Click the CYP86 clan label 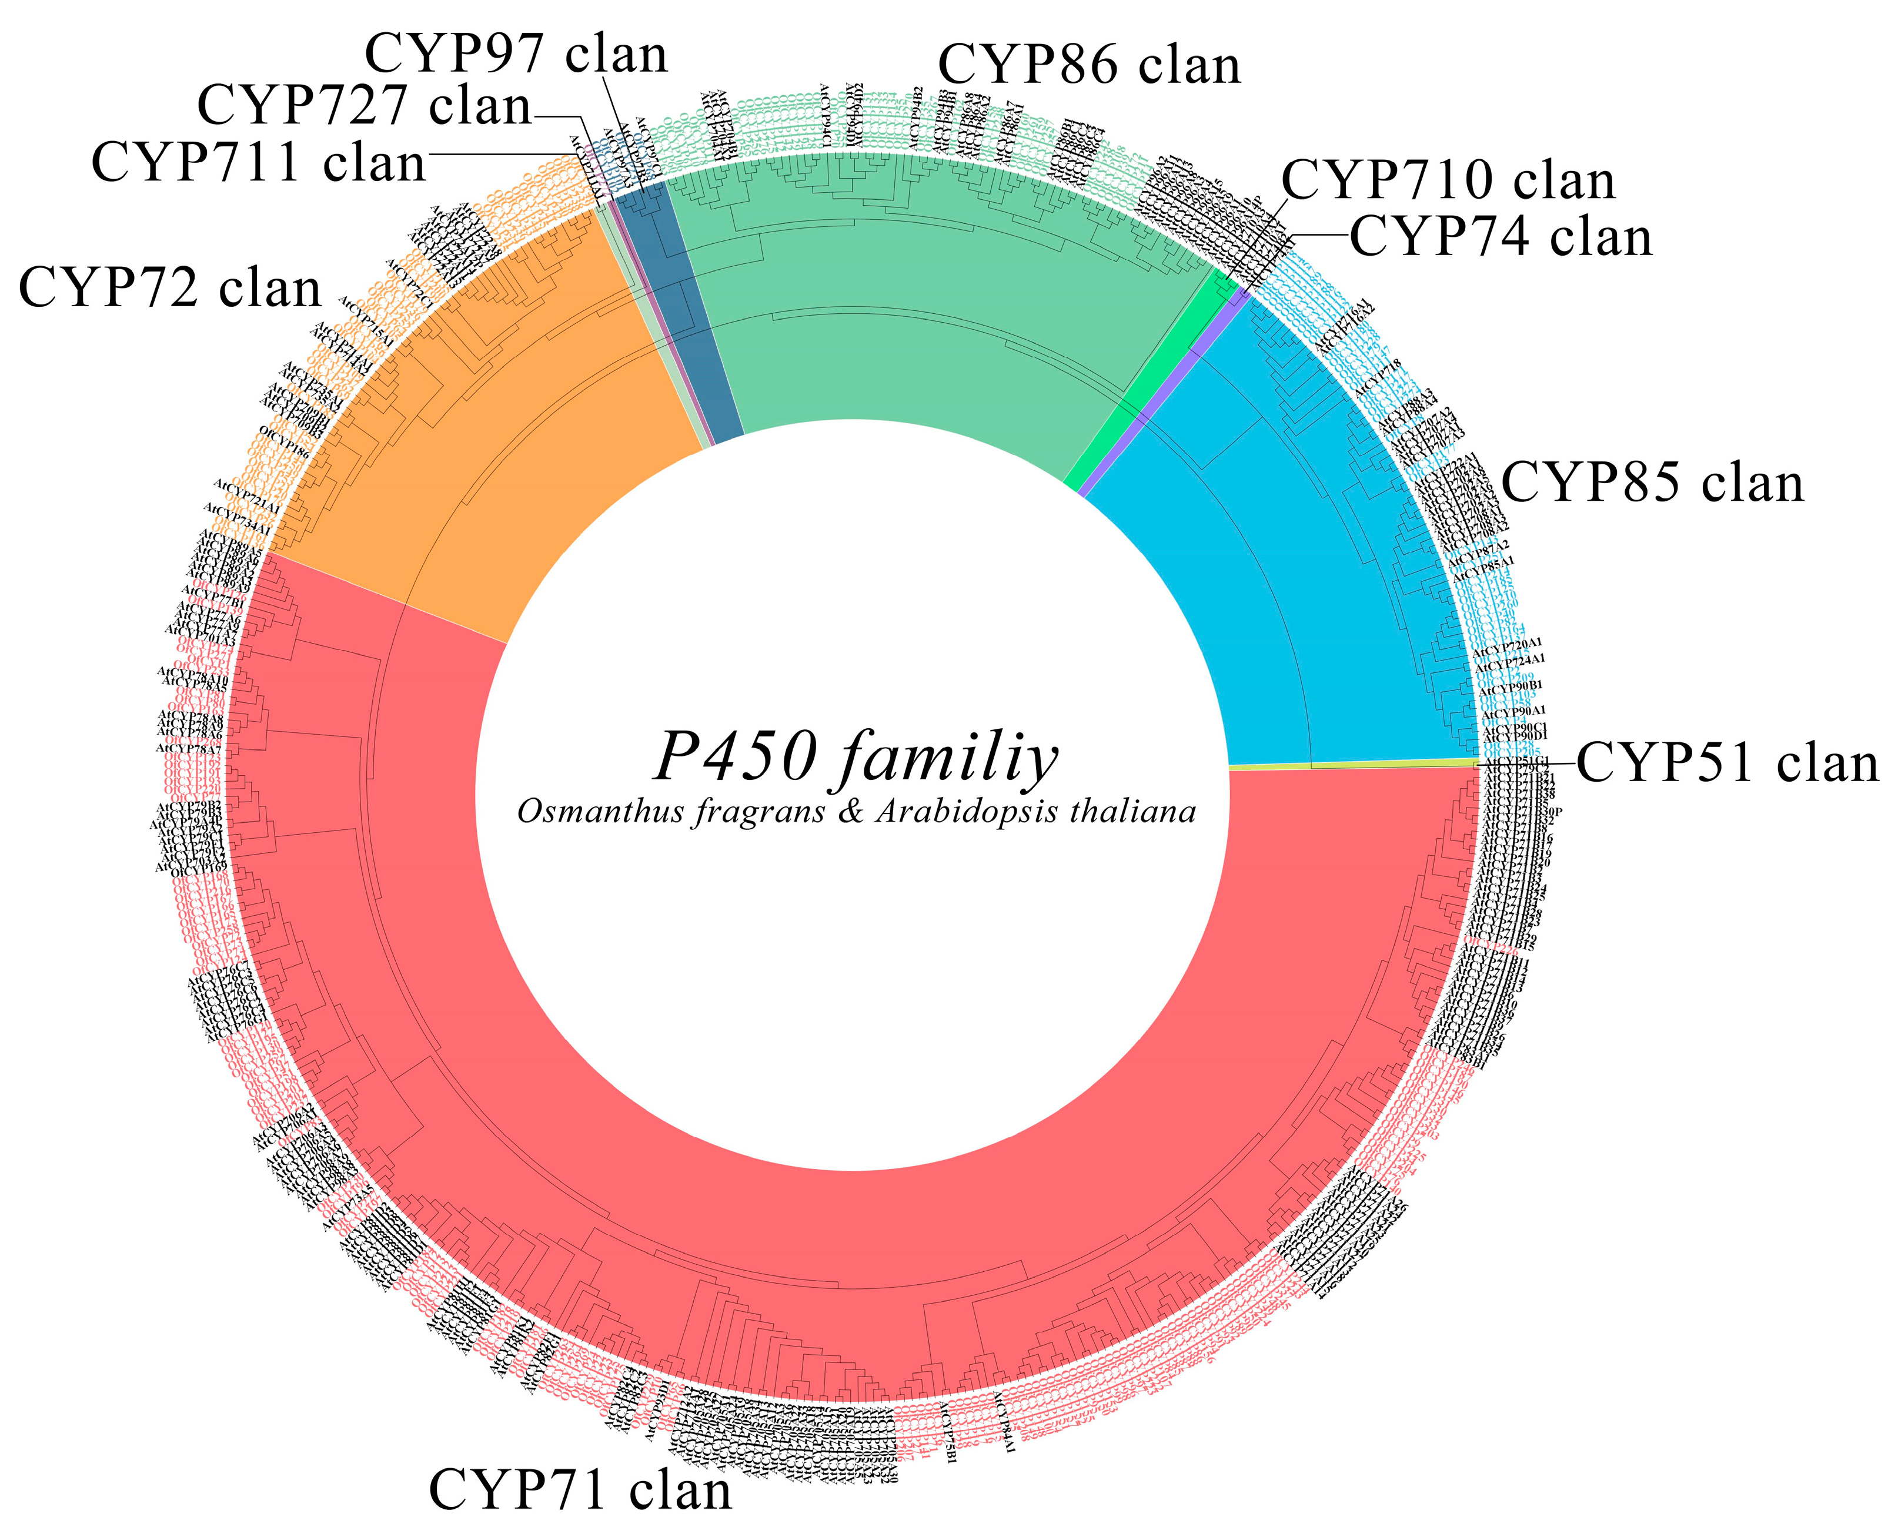pos(1089,65)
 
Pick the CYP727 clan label pos(365,105)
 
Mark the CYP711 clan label pos(258,163)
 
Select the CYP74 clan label pos(1501,237)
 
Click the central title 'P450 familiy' pos(856,757)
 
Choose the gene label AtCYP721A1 pos(247,497)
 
